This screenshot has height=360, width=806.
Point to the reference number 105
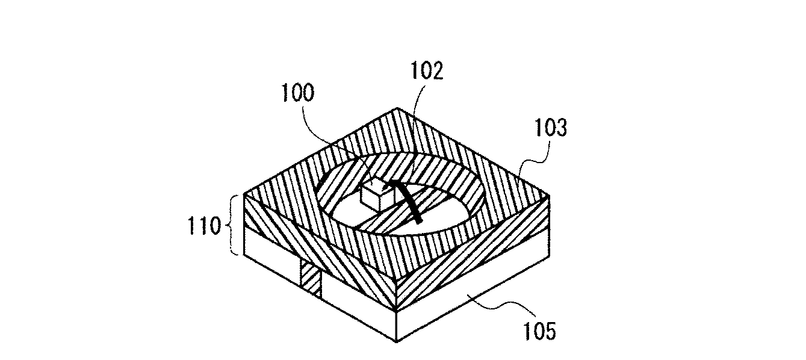[535, 331]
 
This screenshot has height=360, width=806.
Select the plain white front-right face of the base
[476, 295]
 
